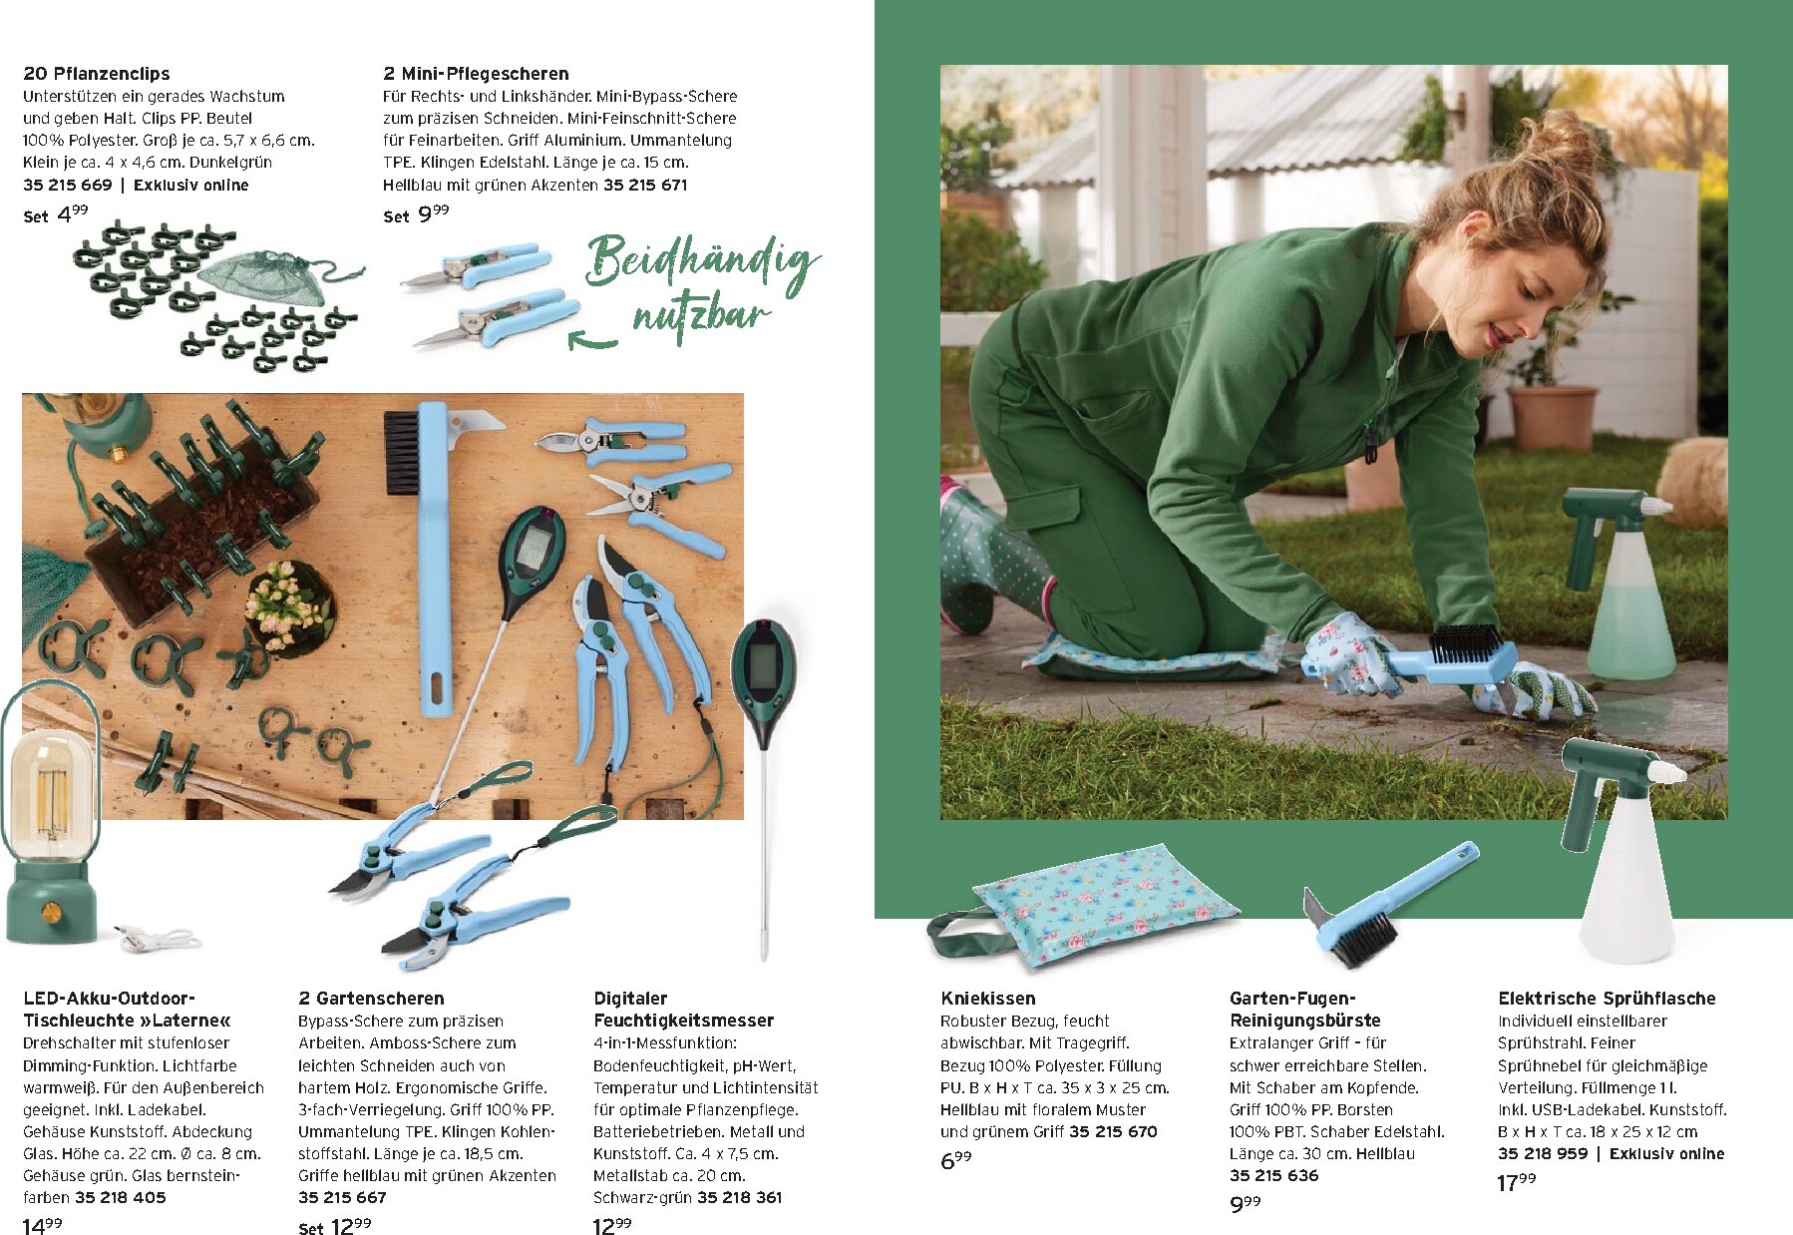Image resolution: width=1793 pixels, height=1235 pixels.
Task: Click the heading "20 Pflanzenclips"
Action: pyautogui.click(x=96, y=74)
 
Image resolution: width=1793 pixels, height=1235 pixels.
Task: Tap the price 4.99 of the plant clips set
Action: pyautogui.click(x=73, y=213)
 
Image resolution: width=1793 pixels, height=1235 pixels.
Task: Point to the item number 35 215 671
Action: pyautogui.click(x=645, y=185)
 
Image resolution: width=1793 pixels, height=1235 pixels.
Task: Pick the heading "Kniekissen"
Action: pyautogui.click(x=987, y=999)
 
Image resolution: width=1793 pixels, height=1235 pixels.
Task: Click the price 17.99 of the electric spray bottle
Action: pyautogui.click(x=1517, y=1182)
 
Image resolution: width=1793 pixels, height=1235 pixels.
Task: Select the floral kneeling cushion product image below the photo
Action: pyautogui.click(x=1084, y=913)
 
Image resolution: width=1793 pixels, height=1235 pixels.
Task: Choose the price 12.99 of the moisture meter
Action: pyautogui.click(x=612, y=1226)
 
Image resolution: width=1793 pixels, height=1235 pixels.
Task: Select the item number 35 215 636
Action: pyautogui.click(x=1273, y=1175)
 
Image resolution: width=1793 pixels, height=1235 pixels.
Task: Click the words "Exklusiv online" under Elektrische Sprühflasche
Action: pyautogui.click(x=1666, y=1154)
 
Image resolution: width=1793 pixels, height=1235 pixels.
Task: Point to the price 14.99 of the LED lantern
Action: pyautogui.click(x=43, y=1226)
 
